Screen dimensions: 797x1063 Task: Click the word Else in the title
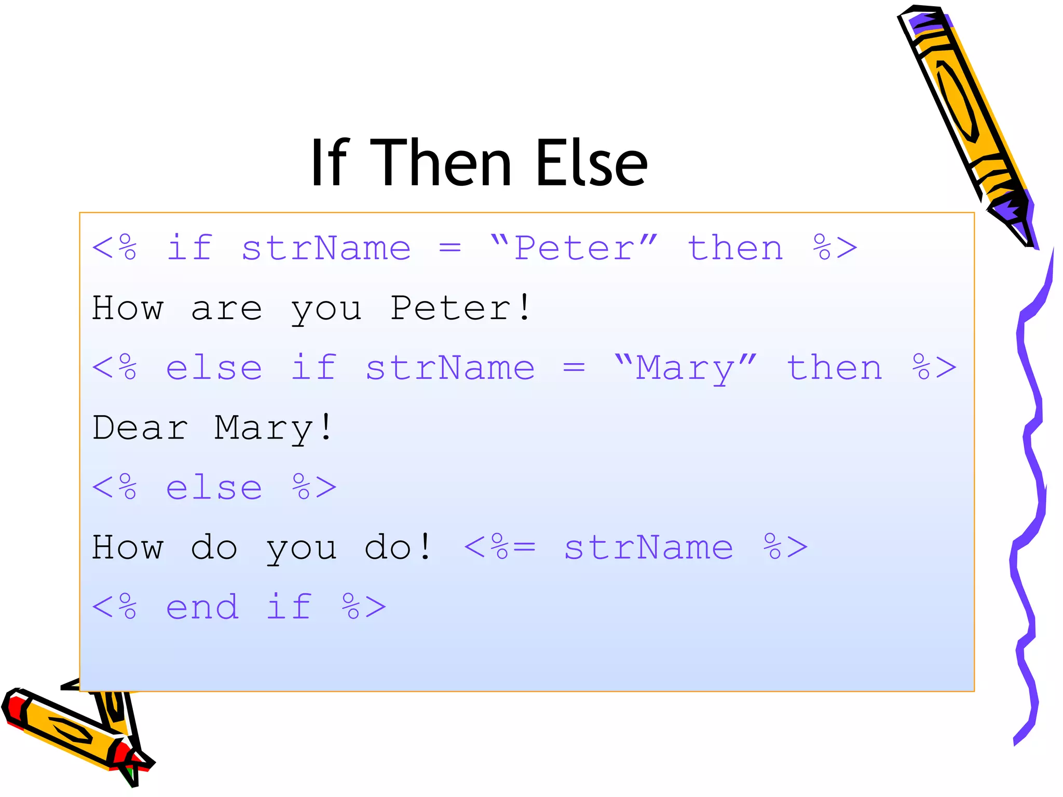pyautogui.click(x=592, y=163)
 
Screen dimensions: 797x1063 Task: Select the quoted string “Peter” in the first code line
pyautogui.click(x=574, y=248)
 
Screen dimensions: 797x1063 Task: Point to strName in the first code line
pyautogui.click(x=326, y=248)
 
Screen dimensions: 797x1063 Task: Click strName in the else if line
pyautogui.click(x=450, y=368)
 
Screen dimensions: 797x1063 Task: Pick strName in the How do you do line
pyautogui.click(x=648, y=547)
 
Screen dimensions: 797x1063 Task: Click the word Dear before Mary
pyautogui.click(x=140, y=428)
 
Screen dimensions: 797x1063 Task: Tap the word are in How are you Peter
pyautogui.click(x=226, y=309)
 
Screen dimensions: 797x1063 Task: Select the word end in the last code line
pyautogui.click(x=202, y=607)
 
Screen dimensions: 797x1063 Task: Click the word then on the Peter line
pyautogui.click(x=735, y=248)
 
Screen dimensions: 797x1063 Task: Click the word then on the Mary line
pyautogui.click(x=834, y=368)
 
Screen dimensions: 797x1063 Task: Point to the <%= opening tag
pyautogui.click(x=499, y=547)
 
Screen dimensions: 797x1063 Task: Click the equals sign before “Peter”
pyautogui.click(x=449, y=249)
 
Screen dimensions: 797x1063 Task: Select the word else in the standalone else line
pyautogui.click(x=214, y=488)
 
